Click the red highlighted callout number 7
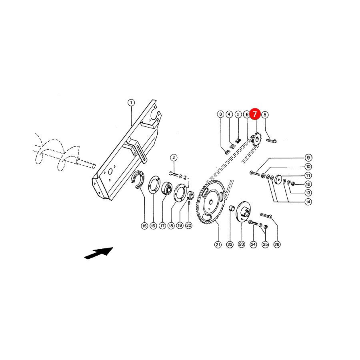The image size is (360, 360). [255, 114]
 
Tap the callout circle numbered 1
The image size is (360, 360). [131, 103]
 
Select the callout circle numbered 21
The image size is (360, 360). [218, 245]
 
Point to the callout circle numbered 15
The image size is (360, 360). [144, 226]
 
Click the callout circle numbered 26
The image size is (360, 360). [277, 244]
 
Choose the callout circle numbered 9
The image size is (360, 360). [308, 158]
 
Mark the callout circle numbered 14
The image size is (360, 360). [308, 202]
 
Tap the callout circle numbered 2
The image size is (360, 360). [174, 158]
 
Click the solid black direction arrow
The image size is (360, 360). [99, 253]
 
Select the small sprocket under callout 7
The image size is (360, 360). [256, 139]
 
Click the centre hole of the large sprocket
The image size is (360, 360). [211, 202]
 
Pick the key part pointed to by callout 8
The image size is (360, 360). [271, 140]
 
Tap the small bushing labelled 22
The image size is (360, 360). [231, 209]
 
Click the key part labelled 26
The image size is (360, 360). [266, 216]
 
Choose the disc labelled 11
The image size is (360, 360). [278, 179]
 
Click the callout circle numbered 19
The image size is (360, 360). [180, 226]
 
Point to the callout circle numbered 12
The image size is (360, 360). [308, 184]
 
